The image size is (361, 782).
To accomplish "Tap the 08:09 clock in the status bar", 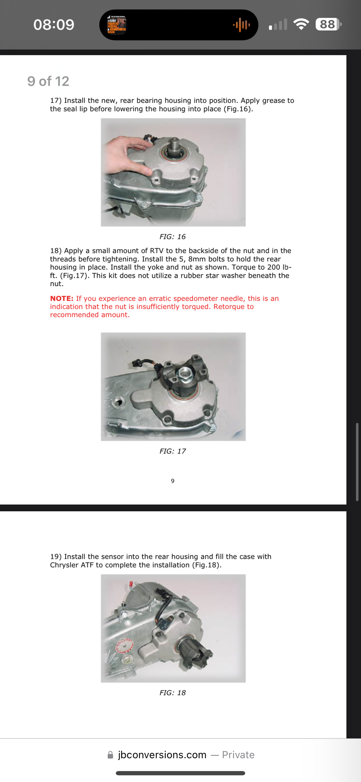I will click(54, 24).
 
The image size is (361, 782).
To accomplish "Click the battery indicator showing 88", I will click(328, 24).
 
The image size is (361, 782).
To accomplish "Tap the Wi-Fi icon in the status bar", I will click(301, 24).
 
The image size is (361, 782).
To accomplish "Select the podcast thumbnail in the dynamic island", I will click(116, 25).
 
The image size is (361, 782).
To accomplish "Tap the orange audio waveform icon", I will click(241, 25).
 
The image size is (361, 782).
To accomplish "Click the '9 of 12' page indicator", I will click(48, 81).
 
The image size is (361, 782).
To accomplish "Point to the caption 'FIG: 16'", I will click(172, 237).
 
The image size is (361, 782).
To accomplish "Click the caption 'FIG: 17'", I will click(172, 451).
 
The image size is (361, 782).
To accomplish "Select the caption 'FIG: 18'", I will click(172, 693).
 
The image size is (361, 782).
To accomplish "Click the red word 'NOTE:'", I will click(62, 298).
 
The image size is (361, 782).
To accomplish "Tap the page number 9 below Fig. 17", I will click(173, 481).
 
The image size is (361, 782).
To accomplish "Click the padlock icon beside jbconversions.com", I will click(110, 755).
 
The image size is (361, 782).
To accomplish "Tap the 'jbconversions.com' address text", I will click(162, 755).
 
